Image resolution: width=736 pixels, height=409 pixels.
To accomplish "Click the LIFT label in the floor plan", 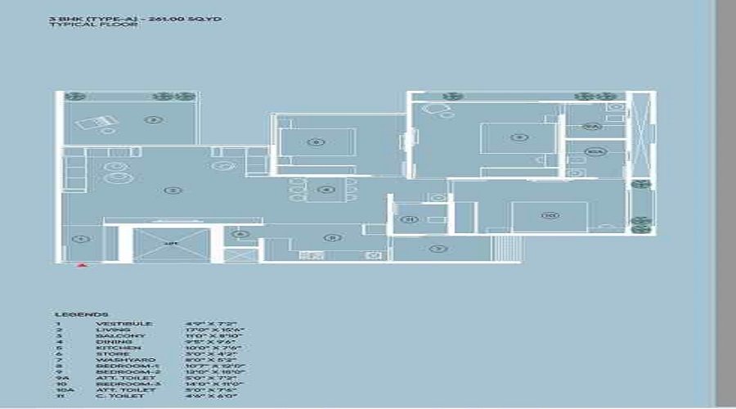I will tap(172, 244).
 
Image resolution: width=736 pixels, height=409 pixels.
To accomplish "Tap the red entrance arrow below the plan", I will tap(81, 265).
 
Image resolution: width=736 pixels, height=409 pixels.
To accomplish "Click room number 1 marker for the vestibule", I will tap(80, 239).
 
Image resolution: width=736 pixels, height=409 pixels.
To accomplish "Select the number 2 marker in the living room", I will tap(173, 190).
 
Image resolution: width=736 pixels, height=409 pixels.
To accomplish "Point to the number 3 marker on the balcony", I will tap(154, 120).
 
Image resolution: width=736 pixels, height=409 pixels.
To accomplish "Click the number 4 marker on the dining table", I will tap(326, 190).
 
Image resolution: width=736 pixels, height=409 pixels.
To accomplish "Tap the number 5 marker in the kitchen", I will tap(331, 237).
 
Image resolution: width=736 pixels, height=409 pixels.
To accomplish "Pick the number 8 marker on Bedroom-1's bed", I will tap(316, 142).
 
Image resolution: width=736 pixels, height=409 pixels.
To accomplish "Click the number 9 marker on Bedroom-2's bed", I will tap(517, 137).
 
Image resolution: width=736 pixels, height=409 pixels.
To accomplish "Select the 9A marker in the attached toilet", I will tap(595, 127).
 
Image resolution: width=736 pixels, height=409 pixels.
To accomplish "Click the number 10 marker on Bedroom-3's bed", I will tap(549, 215).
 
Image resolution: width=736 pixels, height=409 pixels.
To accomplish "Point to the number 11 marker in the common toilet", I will tap(411, 218).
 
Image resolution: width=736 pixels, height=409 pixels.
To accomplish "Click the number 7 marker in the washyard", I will tap(439, 248).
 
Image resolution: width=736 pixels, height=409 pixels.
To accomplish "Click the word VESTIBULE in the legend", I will tap(124, 325).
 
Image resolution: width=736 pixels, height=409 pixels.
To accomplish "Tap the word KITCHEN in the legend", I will tap(119, 348).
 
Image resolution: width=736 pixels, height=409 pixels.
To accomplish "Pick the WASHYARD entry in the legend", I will tap(124, 359).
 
